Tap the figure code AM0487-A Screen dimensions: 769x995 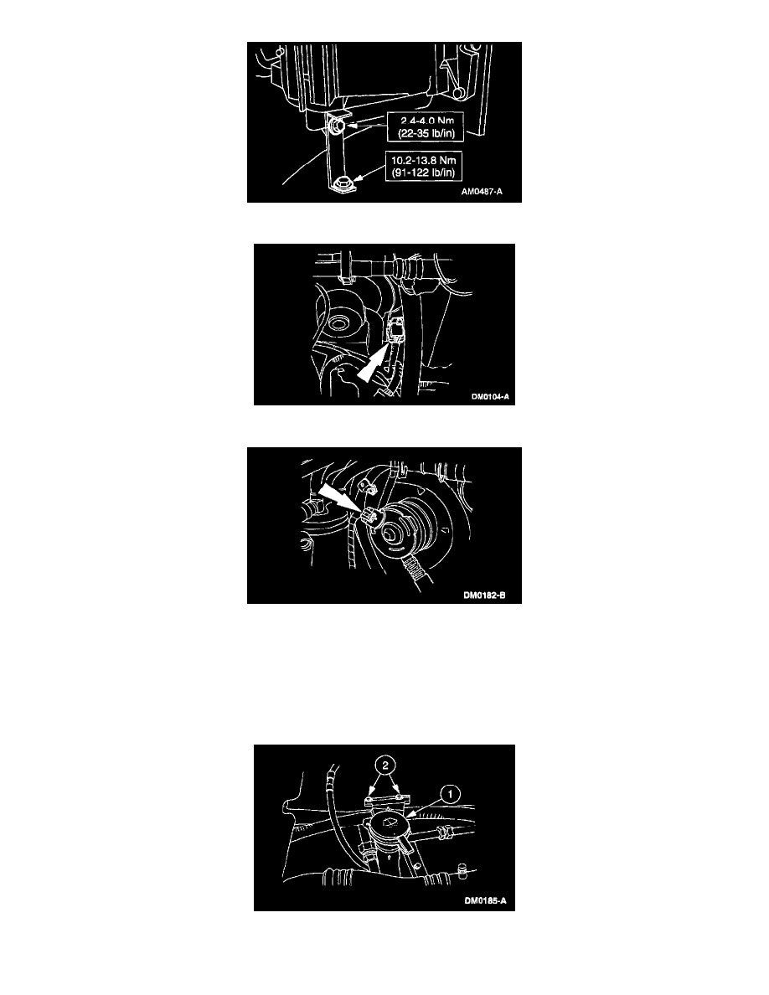click(x=482, y=192)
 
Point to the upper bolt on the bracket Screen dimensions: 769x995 click(x=338, y=127)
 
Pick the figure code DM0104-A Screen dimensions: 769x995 click(x=490, y=397)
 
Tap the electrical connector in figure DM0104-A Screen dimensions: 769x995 click(x=394, y=331)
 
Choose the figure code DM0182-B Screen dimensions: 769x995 click(x=484, y=595)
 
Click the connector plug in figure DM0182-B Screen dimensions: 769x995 click(x=369, y=518)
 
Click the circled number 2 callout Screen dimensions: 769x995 click(x=384, y=766)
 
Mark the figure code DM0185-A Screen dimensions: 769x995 click(x=485, y=901)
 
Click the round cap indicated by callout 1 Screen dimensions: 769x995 click(x=389, y=826)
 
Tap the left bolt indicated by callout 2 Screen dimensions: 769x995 click(x=370, y=798)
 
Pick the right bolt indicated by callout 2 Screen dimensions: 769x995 click(x=398, y=797)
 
